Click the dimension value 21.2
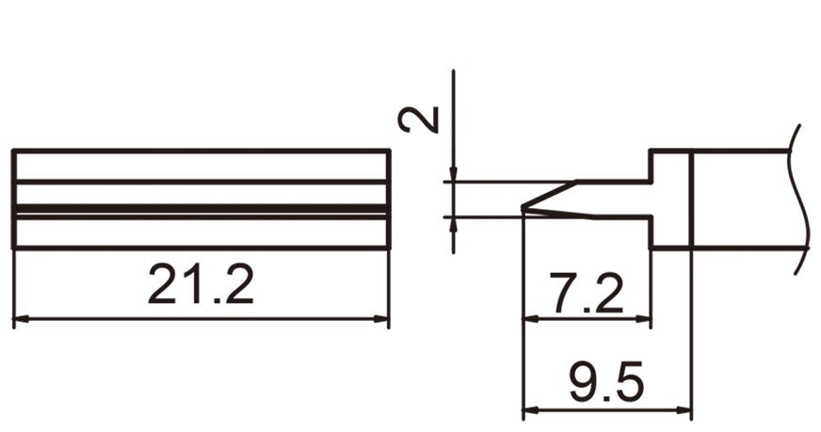tap(201, 284)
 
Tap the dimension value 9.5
tap(606, 384)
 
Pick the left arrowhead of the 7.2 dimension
tap(529, 320)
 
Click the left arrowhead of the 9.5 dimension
tap(529, 410)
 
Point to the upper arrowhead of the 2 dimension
tap(453, 175)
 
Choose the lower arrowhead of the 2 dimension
tap(453, 224)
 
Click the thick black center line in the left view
tap(201, 208)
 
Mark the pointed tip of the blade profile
tap(522, 209)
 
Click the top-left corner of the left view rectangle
tap(13, 151)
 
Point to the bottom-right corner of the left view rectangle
tap(389, 248)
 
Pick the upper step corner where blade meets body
tap(651, 182)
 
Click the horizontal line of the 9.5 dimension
tap(606, 410)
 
